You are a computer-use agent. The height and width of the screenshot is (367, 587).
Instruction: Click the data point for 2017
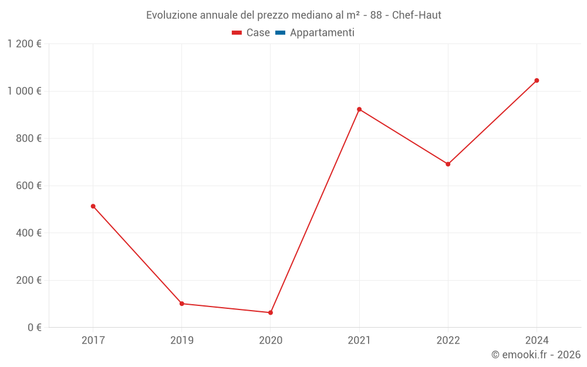point(93,206)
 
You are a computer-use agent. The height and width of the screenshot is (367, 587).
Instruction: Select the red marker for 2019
point(181,304)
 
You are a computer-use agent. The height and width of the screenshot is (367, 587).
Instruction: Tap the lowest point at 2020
point(271,312)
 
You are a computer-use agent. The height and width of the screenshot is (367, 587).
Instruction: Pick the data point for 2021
point(359,109)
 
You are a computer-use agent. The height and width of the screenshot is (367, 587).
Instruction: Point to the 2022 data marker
point(448,164)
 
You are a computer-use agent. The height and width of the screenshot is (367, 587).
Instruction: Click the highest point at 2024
point(537,80)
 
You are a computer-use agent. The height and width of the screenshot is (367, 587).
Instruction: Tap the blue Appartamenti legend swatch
point(280,33)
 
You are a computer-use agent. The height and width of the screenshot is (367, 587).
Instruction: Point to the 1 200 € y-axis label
point(24,44)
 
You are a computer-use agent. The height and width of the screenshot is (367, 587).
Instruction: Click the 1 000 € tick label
point(24,91)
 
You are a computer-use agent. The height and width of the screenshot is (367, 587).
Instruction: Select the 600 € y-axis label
point(28,186)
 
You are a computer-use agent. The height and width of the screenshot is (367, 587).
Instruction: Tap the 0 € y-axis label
point(35,327)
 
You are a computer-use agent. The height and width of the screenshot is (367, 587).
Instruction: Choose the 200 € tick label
point(28,280)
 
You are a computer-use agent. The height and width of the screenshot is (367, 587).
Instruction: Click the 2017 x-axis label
point(93,340)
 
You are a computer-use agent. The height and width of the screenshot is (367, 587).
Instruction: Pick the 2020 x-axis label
point(271,340)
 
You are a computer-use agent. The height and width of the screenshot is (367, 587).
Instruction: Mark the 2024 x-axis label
point(537,340)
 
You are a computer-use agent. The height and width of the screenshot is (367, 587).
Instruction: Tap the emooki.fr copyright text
point(536,355)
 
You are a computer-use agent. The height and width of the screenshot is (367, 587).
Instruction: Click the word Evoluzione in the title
point(171,15)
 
